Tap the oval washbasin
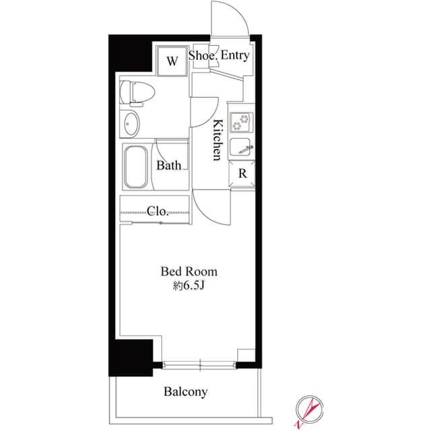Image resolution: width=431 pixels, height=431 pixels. [x=133, y=124]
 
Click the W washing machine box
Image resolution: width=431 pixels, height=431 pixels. [x=171, y=62]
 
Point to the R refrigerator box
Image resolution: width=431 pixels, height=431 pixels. [x=242, y=173]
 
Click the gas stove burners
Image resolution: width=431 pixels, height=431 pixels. [x=241, y=122]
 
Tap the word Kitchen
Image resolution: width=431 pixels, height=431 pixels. [x=218, y=140]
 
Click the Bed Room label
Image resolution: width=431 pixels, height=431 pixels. [x=189, y=272]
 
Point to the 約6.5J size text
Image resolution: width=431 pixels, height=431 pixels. [x=189, y=286]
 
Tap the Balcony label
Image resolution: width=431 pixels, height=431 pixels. [x=185, y=391]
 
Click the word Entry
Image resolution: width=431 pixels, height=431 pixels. [x=234, y=55]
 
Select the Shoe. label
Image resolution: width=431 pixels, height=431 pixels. [x=202, y=55]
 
